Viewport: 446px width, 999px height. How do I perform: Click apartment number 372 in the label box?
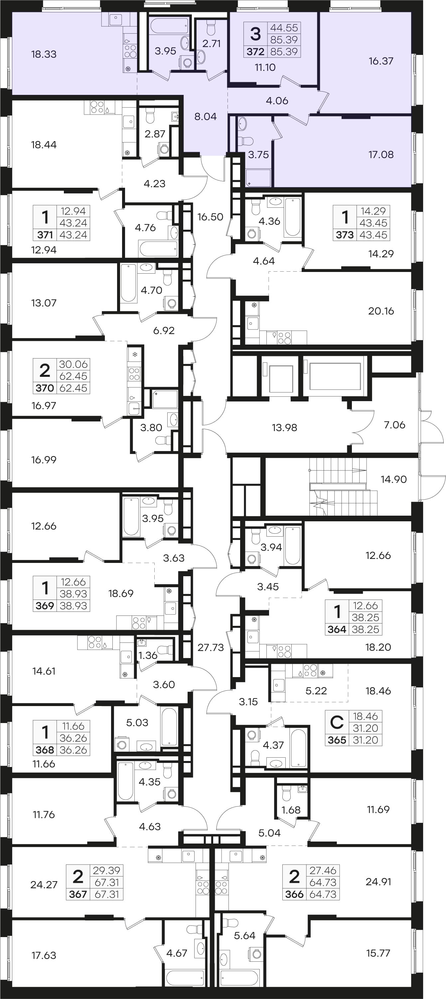[x=255, y=52]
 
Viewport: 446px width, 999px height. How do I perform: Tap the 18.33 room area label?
[x=44, y=54]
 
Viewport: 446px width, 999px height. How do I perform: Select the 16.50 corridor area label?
[x=210, y=217]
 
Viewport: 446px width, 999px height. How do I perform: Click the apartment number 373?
[x=345, y=235]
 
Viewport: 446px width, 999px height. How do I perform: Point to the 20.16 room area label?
[x=381, y=311]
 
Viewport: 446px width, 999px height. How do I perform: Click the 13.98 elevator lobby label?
[x=284, y=428]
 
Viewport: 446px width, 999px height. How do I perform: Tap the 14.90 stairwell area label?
[x=394, y=479]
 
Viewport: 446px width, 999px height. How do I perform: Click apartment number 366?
[x=294, y=894]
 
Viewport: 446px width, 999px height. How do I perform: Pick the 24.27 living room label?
[x=44, y=884]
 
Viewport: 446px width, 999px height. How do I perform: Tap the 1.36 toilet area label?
[x=148, y=655]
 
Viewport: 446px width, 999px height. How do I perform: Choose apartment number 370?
[x=45, y=388]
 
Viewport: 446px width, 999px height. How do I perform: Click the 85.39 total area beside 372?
[x=284, y=52]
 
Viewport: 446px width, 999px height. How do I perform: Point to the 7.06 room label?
[x=394, y=425]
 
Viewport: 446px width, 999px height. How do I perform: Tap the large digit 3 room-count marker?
[x=255, y=34]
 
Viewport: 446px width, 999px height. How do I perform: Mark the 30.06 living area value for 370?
[x=73, y=364]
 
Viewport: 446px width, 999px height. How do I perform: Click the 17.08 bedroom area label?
[x=381, y=155]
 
